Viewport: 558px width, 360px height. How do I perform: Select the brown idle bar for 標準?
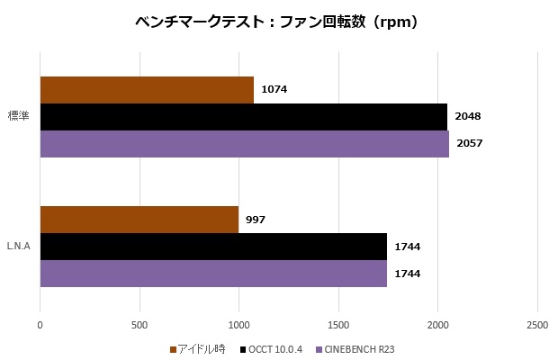click(x=147, y=90)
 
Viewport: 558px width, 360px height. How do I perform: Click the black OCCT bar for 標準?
click(x=243, y=117)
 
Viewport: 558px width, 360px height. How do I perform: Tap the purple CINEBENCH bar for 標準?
click(x=244, y=144)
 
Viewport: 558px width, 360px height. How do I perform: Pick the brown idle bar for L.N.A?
click(x=139, y=220)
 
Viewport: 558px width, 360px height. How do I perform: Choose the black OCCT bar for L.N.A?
click(x=213, y=247)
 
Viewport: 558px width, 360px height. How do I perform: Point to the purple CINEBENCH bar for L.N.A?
click(x=213, y=274)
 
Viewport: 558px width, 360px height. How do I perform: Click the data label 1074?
click(x=274, y=90)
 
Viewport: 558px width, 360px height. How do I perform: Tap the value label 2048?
click(x=468, y=117)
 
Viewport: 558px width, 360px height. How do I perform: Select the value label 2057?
click(x=470, y=144)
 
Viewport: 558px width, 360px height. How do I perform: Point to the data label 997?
click(x=256, y=220)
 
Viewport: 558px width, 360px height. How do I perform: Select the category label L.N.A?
click(x=20, y=247)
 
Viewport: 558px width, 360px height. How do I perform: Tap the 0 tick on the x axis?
click(x=40, y=323)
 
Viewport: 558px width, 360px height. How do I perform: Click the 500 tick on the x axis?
click(x=139, y=323)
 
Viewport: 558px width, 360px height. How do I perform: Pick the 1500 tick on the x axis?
click(x=338, y=323)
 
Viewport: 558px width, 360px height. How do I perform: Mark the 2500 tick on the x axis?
click(x=537, y=323)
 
